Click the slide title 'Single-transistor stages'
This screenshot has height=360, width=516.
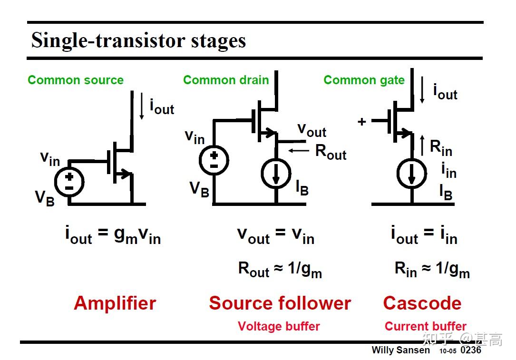(138, 40)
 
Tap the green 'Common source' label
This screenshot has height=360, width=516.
(76, 80)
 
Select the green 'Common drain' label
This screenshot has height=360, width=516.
(226, 80)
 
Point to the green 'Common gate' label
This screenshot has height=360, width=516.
(364, 80)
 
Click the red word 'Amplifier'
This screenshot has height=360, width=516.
(115, 303)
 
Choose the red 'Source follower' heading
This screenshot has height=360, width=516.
(280, 303)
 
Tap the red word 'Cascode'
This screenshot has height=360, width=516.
(422, 303)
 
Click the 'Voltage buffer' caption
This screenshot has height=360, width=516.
(279, 326)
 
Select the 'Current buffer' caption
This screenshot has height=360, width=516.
(425, 326)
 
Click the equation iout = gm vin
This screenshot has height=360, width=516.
(113, 235)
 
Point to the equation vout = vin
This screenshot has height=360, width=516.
(276, 235)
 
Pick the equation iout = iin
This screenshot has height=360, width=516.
(424, 235)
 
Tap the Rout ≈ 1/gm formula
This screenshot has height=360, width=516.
(280, 270)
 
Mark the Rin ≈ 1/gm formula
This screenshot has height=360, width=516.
(432, 270)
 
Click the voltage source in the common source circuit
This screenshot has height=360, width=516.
(69, 181)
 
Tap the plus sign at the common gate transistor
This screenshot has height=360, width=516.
(362, 122)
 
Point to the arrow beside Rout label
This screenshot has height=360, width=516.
(298, 150)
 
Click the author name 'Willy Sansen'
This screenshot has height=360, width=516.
(400, 350)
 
